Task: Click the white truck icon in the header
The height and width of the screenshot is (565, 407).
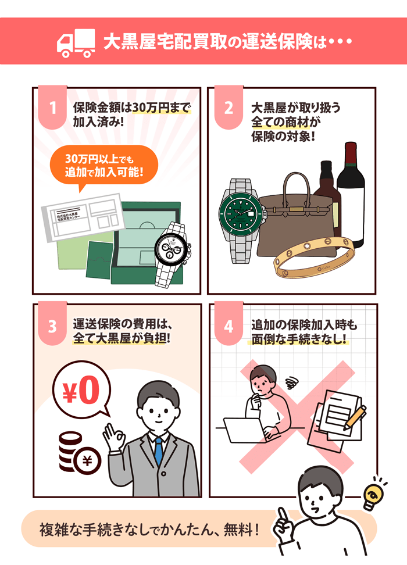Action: [x=76, y=43]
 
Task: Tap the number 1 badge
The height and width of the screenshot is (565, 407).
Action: [x=53, y=107]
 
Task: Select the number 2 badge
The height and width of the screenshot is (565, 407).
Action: [x=229, y=107]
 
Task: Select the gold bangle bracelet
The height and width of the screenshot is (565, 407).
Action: [x=313, y=258]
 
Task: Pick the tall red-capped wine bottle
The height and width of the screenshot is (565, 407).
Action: [x=351, y=195]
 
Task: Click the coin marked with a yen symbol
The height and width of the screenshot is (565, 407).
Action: [x=87, y=460]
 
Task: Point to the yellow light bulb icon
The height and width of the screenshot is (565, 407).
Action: [x=373, y=495]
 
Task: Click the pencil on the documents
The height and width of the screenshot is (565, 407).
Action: [x=355, y=417]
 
